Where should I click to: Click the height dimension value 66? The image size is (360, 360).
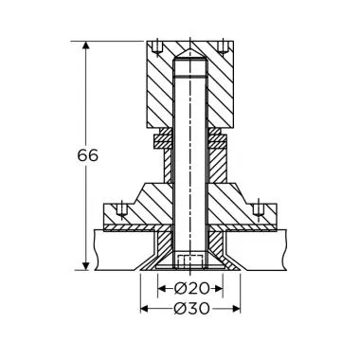tap(85, 154)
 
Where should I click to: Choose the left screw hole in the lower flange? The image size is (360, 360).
tap(120, 209)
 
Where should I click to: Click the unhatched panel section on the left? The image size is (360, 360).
tap(118, 251)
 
